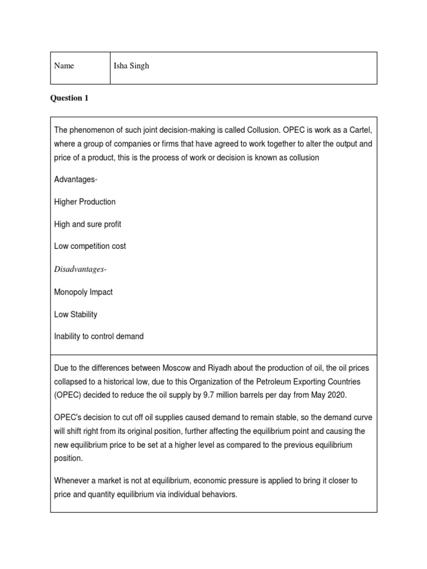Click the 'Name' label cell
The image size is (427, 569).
[x=64, y=66]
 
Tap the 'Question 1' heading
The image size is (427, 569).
[x=69, y=98]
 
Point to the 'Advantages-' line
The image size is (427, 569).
[x=76, y=179]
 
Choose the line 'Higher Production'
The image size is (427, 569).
[x=85, y=202]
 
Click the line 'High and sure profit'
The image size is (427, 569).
[x=87, y=224]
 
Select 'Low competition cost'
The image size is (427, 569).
[x=90, y=246]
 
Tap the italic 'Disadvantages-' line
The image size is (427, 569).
[x=80, y=269]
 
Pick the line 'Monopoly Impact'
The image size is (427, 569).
[x=83, y=292]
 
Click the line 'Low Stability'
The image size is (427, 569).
[x=76, y=314]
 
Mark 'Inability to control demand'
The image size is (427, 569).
[x=99, y=336]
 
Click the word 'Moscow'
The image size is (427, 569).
[x=176, y=368]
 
